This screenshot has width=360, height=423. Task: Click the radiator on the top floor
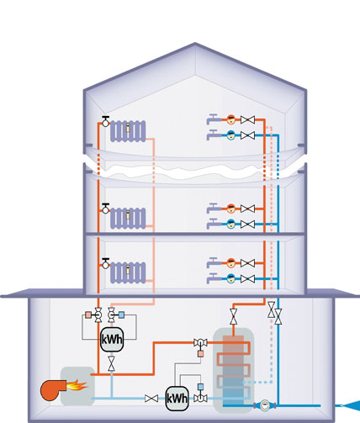point(128,131)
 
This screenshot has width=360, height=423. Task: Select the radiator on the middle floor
point(128,219)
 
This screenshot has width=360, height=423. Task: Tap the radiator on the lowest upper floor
point(128,272)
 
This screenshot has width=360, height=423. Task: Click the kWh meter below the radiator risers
point(112,340)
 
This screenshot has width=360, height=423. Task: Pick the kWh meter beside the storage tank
point(177,399)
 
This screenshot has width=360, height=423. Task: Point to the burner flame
point(77,385)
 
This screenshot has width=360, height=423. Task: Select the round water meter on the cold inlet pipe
point(265,405)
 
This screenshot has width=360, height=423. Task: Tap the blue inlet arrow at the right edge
point(351,405)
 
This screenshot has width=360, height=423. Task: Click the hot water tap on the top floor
point(214,119)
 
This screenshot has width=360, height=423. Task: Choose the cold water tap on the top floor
point(214,135)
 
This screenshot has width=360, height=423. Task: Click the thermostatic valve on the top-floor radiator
point(105,121)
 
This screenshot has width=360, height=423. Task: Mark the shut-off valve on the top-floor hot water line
point(247,119)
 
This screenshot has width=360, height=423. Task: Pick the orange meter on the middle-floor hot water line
point(230,209)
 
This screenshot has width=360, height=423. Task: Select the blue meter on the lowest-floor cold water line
point(230,278)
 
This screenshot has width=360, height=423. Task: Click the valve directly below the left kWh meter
point(111,363)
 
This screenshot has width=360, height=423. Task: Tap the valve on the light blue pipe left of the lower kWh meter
point(151,399)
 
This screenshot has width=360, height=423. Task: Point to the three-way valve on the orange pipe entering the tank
point(200,342)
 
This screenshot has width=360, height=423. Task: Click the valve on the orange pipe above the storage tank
point(233,316)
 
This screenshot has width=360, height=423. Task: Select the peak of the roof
point(195,43)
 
